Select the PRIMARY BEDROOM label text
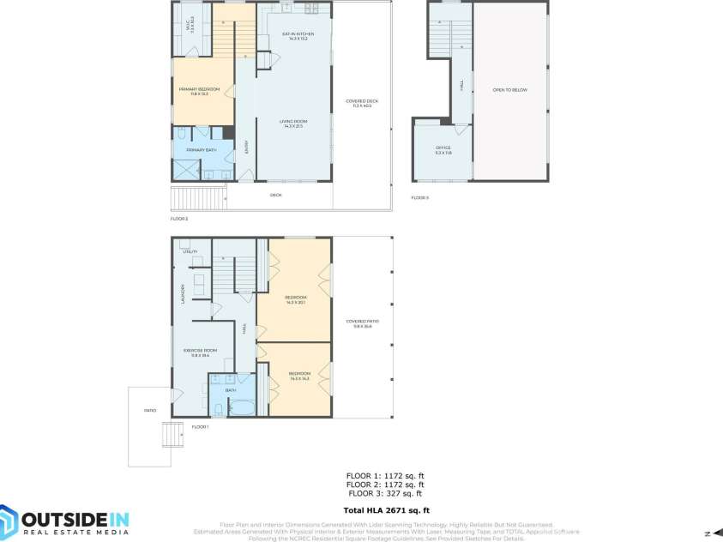[x=199, y=91]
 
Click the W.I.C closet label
[x=190, y=23]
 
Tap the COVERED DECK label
[x=362, y=102]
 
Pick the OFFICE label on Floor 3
[x=443, y=149]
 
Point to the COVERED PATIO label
[x=362, y=323]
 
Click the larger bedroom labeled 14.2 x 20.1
[x=294, y=300]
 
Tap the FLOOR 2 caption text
[x=178, y=219]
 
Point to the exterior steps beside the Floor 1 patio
[x=173, y=436]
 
